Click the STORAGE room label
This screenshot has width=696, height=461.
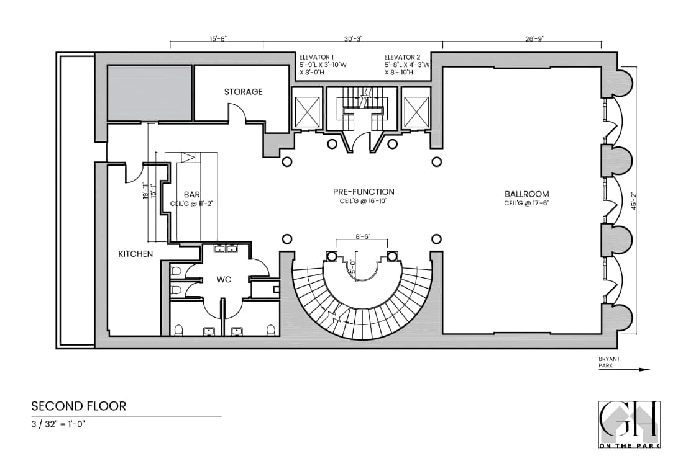pyautogui.click(x=243, y=92)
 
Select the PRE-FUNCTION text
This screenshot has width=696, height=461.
pyautogui.click(x=364, y=192)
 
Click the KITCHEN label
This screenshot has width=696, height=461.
pyautogui.click(x=135, y=254)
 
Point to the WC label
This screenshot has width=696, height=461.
pyautogui.click(x=224, y=280)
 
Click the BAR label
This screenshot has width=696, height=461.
pyautogui.click(x=191, y=194)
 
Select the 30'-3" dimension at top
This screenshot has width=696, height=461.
pyautogui.click(x=353, y=38)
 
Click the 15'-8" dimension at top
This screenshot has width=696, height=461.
pyautogui.click(x=217, y=38)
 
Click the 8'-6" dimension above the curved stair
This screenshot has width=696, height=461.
pyautogui.click(x=363, y=236)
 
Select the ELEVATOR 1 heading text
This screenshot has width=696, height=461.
pyautogui.click(x=317, y=56)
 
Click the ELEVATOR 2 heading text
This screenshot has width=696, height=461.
pyautogui.click(x=403, y=56)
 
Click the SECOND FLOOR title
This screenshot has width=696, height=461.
pyautogui.click(x=78, y=406)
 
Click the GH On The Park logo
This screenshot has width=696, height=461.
pyautogui.click(x=629, y=424)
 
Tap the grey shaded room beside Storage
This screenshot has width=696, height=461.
pyautogui.click(x=150, y=92)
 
